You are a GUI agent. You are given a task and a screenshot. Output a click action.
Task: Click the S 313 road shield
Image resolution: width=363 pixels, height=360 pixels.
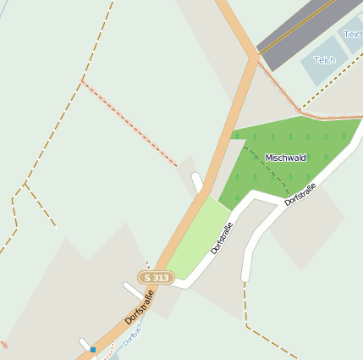(x=157, y=277)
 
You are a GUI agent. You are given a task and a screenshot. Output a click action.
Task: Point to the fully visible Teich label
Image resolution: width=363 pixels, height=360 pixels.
(x=325, y=60)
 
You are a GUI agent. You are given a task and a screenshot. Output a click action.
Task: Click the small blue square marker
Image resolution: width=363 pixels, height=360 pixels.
(x=93, y=349)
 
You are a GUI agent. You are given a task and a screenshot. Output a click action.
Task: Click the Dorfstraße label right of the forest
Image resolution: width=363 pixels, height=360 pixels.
(x=300, y=194)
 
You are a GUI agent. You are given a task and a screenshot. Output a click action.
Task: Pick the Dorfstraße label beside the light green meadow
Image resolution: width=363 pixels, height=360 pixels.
(x=222, y=238)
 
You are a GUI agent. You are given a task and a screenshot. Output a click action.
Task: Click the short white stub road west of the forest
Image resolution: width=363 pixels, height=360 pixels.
(x=197, y=182)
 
